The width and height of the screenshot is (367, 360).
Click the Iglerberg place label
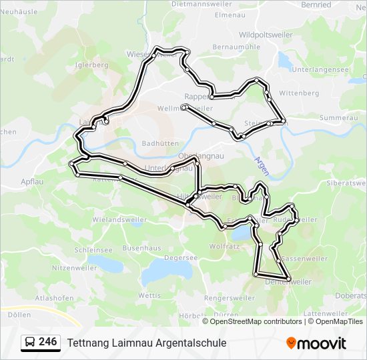click(x=92, y=65)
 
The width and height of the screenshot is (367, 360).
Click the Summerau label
click(x=334, y=117)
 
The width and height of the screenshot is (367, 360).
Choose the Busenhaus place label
click(x=142, y=247)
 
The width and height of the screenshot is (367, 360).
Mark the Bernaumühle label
click(x=236, y=47)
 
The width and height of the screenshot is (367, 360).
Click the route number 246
click(x=47, y=342)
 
